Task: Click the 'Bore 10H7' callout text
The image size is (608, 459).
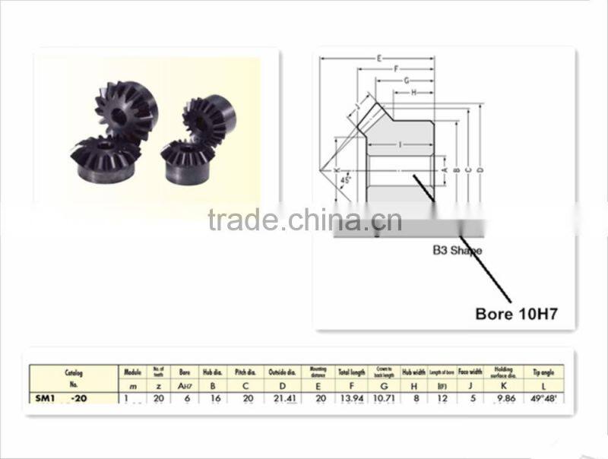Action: (516, 313)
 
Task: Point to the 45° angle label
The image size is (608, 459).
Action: (346, 181)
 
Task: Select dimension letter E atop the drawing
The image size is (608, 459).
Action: (378, 58)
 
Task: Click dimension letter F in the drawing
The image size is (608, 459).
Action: (396, 68)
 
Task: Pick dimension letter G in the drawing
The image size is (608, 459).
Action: (407, 80)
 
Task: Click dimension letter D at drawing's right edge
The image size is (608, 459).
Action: (481, 169)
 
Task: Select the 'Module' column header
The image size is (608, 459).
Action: (134, 372)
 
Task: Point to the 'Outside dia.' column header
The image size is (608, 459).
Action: (280, 372)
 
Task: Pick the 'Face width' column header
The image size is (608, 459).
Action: (472, 372)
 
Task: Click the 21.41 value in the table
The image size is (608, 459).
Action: (280, 397)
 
